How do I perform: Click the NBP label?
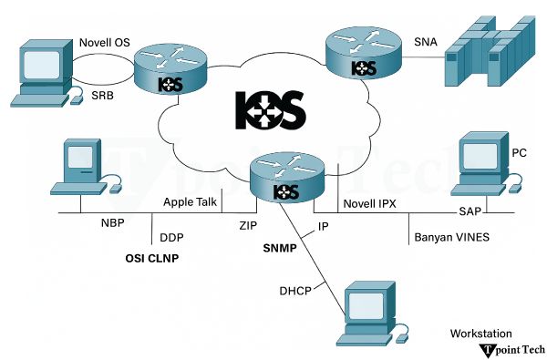coord(112,221)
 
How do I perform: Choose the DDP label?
coord(172,238)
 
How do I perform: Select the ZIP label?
coord(248,221)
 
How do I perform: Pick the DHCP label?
coord(296,291)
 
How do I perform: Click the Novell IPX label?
coord(371,202)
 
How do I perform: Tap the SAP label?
coord(469,211)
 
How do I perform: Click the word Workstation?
coord(480,334)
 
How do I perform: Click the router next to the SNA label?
coord(364,57)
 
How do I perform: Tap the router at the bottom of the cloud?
coord(286,180)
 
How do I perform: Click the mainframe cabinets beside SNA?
coord(487,54)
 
